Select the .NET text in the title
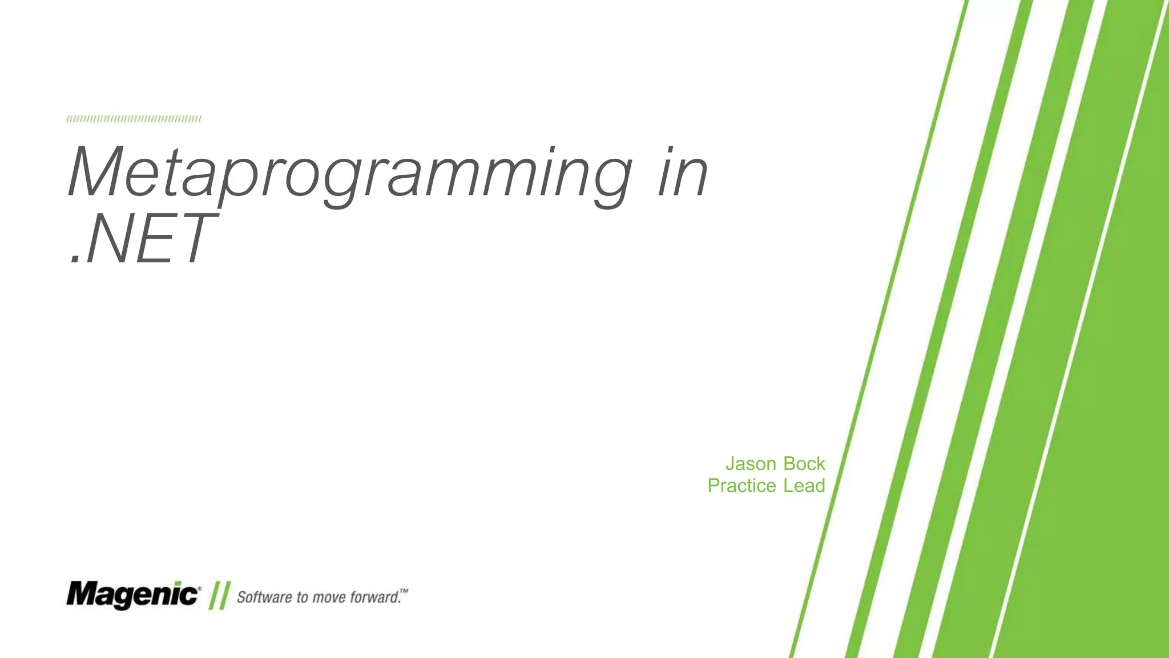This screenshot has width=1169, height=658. tap(143, 239)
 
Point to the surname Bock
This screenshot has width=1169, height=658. tap(804, 464)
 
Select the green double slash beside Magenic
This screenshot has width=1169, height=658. tap(219, 596)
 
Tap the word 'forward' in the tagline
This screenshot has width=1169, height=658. tap(374, 597)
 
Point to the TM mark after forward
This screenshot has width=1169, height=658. tap(404, 591)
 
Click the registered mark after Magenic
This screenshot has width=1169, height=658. tap(199, 588)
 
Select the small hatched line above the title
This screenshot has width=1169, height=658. tap(134, 119)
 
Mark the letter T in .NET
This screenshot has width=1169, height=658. tap(193, 239)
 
